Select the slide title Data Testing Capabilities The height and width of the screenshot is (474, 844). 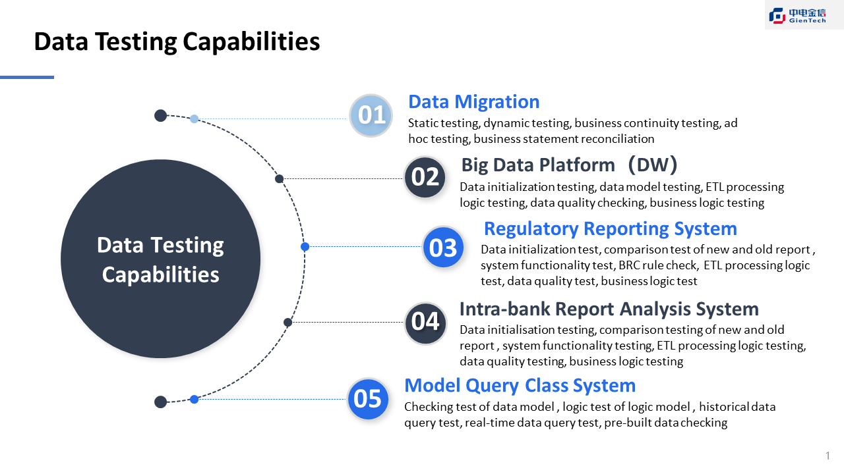click(177, 41)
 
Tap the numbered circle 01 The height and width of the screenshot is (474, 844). click(371, 116)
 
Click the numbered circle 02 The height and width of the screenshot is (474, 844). click(425, 177)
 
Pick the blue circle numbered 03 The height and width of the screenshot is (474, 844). click(442, 248)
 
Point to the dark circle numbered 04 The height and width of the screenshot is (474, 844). click(425, 322)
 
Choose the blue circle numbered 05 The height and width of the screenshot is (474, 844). click(367, 399)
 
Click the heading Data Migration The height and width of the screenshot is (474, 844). click(473, 102)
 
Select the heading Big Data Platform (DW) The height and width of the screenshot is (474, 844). click(569, 165)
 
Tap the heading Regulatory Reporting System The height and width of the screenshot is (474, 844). click(610, 228)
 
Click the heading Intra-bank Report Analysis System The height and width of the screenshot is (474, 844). click(609, 309)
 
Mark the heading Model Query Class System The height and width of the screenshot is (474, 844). click(520, 385)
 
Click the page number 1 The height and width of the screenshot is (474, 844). click(828, 456)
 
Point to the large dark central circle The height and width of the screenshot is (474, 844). click(160, 259)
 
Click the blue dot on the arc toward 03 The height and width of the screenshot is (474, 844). click(305, 247)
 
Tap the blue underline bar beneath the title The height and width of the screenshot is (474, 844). click(26, 77)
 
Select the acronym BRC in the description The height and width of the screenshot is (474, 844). click(631, 265)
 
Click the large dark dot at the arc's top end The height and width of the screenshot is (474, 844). click(160, 116)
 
